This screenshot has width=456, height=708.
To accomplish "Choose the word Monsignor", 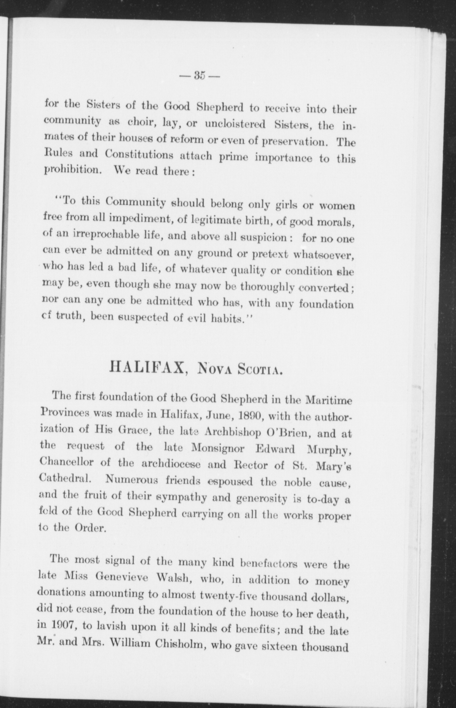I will [218, 449].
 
